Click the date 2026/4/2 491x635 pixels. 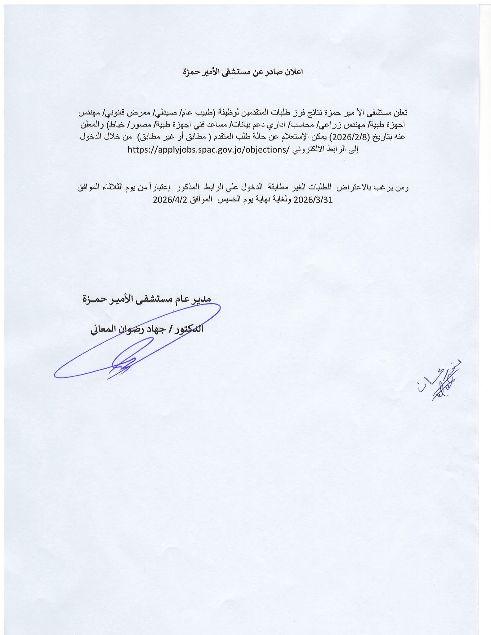168,200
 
